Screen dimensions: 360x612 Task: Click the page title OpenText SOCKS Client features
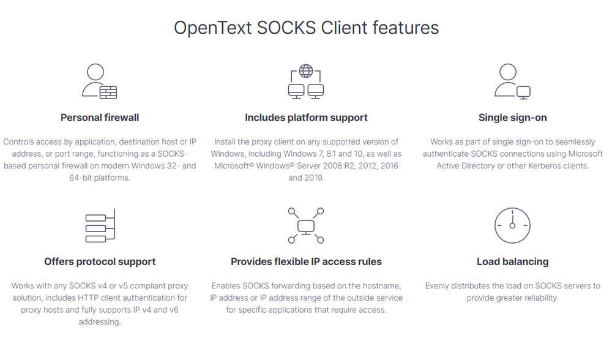pyautogui.click(x=306, y=28)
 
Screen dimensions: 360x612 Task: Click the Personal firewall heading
pyautogui.click(x=100, y=117)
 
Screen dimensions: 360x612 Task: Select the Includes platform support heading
pyautogui.click(x=306, y=117)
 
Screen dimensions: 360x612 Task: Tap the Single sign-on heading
pyautogui.click(x=512, y=117)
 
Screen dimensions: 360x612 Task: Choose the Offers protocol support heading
pyautogui.click(x=100, y=261)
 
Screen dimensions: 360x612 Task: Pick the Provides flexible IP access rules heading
pyautogui.click(x=306, y=261)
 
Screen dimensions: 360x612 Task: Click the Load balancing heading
pyautogui.click(x=512, y=261)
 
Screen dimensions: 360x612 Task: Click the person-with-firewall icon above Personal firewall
pyautogui.click(x=99, y=81)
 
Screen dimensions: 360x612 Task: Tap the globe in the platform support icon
pyautogui.click(x=306, y=72)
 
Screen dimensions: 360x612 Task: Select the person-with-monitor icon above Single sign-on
pyautogui.click(x=512, y=81)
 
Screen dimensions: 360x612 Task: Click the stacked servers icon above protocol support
pyautogui.click(x=100, y=226)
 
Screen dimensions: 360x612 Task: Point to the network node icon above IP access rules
pyautogui.click(x=306, y=226)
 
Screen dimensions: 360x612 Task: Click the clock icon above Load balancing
pyautogui.click(x=512, y=226)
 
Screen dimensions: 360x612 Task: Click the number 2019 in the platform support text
pyautogui.click(x=313, y=178)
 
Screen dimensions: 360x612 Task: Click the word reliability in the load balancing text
pyautogui.click(x=539, y=298)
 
